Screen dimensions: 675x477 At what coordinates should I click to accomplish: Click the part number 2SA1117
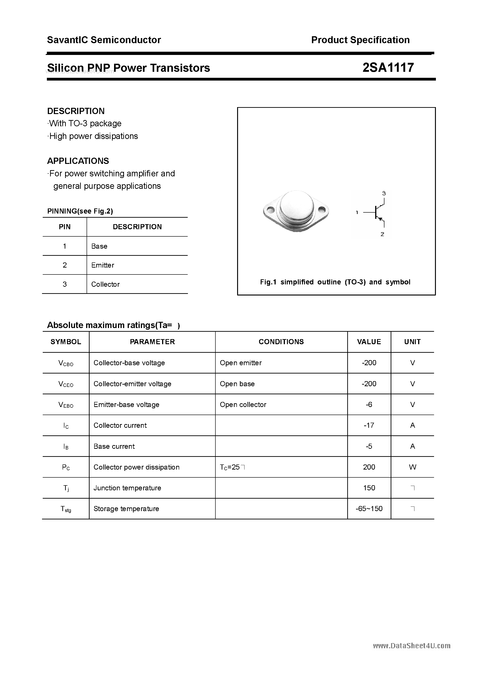[388, 68]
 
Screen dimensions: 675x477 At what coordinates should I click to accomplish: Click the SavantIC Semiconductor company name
[104, 40]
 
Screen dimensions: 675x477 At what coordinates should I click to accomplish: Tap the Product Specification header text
[360, 40]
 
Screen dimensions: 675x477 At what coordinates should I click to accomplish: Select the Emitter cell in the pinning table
[103, 265]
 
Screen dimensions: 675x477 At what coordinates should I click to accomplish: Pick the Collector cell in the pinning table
[105, 284]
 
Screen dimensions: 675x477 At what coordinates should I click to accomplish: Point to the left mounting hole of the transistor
[271, 210]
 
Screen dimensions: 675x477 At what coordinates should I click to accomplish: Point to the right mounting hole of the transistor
[321, 210]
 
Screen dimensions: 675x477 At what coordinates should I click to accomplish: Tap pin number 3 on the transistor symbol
[384, 193]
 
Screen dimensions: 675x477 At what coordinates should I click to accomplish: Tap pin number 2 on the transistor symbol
[382, 234]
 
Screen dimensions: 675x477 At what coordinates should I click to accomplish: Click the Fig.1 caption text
[335, 282]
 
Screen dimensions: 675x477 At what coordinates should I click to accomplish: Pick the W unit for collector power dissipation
[412, 467]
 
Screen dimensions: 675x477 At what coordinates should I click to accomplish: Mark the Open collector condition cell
[243, 404]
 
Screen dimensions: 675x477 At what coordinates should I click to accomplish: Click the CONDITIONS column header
[281, 342]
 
